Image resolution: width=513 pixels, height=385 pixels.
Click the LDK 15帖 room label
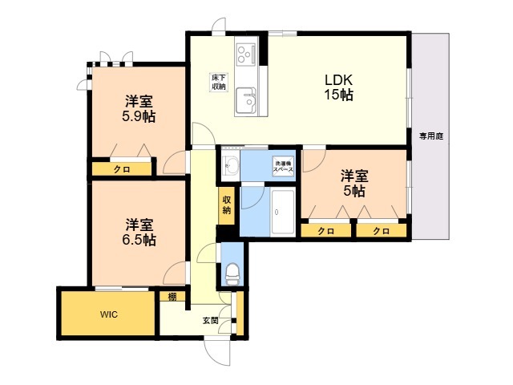pyautogui.click(x=338, y=87)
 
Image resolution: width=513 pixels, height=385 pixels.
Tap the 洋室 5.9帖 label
pyautogui.click(x=139, y=109)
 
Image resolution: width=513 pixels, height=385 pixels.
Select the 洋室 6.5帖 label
pyautogui.click(x=139, y=233)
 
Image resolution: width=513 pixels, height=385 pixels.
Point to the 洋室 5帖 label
pyautogui.click(x=354, y=184)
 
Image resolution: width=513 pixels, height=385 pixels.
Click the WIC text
pyautogui.click(x=109, y=314)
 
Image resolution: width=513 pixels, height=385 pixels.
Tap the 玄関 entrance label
pyautogui.click(x=210, y=320)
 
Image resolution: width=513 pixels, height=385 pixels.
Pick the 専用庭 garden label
pyautogui.click(x=431, y=136)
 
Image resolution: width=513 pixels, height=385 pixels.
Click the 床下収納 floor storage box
pyautogui.click(x=219, y=83)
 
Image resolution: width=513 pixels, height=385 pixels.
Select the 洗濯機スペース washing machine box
pyautogui.click(x=283, y=167)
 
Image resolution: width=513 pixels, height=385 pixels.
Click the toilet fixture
pyautogui.click(x=232, y=274)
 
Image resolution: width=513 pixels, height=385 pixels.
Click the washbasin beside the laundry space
pyautogui.click(x=231, y=166)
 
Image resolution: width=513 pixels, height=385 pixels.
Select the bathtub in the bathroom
pyautogui.click(x=283, y=212)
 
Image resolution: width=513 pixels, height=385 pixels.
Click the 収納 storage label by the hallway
pyautogui.click(x=227, y=205)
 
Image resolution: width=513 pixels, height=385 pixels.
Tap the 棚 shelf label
pyautogui.click(x=172, y=297)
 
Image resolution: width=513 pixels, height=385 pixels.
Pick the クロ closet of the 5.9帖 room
pyautogui.click(x=122, y=169)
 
